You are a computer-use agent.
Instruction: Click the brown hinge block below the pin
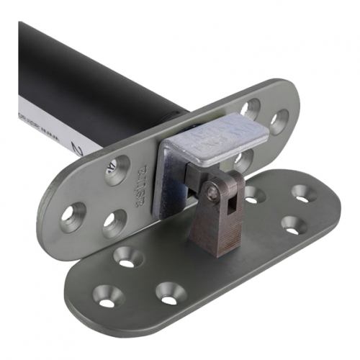click(216, 227)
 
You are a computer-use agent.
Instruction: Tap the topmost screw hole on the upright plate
click(250, 109)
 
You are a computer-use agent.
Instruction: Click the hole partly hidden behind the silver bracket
click(245, 160)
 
